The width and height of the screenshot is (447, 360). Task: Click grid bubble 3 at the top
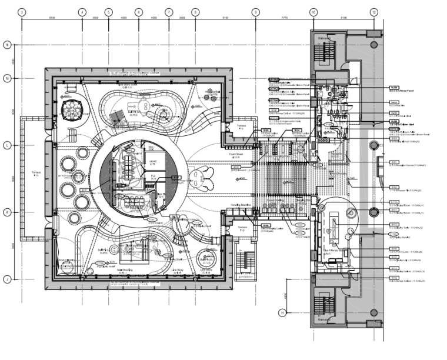coord(21,12)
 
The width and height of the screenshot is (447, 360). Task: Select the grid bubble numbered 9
coord(255,12)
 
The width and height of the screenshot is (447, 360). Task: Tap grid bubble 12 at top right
coord(373,12)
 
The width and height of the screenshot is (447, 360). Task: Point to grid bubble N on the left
coord(8,44)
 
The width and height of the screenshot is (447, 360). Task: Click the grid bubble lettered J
coord(8,279)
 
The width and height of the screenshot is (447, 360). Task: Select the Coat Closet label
coord(235,155)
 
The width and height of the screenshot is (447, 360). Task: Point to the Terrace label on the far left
coord(36,173)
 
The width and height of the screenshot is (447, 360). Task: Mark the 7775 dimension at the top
coord(285,18)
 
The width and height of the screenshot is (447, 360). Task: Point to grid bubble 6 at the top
coord(138,12)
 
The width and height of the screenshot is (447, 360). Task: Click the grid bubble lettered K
coord(8,212)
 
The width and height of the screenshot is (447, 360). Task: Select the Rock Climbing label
coord(66,259)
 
